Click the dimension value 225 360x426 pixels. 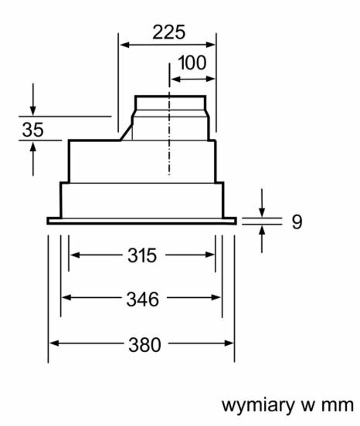pyautogui.click(x=169, y=32)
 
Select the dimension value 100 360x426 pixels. pyautogui.click(x=192, y=63)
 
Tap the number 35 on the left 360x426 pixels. pyautogui.click(x=32, y=130)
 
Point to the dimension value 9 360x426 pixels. pyautogui.click(x=297, y=221)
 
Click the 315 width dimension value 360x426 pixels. pyautogui.click(x=142, y=255)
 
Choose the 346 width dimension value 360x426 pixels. pyautogui.click(x=142, y=299)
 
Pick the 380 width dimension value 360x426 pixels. pyautogui.click(x=144, y=345)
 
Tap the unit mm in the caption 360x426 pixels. pyautogui.click(x=338, y=406)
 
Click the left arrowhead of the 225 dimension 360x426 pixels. pyautogui.click(x=124, y=45)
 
